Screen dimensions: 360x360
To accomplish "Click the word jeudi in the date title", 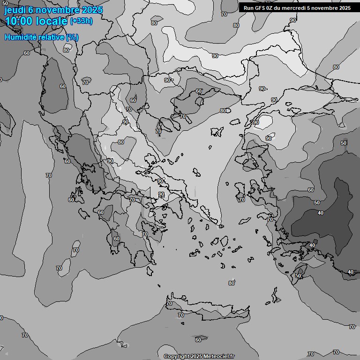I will (15, 10).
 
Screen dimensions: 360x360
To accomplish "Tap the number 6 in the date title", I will (31, 10).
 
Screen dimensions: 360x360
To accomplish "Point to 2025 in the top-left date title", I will (92, 10).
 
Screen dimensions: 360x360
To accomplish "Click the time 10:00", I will (19, 21).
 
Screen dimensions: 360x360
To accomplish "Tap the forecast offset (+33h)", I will (81, 21).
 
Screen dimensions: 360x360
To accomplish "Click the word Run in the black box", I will (249, 7).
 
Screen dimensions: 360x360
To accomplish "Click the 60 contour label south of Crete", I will (198, 339).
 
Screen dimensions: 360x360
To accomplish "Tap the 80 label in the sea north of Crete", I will (231, 283).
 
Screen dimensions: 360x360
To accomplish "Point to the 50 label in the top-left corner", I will (5, 3).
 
